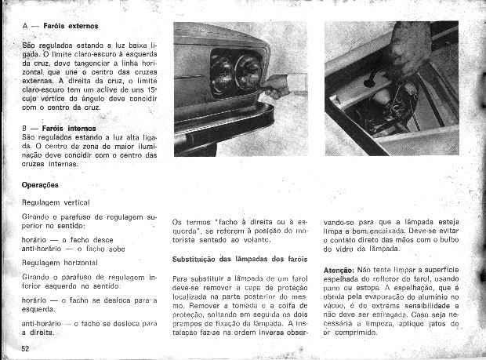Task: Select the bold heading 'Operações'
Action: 41,185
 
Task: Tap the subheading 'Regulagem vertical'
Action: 56,202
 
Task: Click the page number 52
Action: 26,347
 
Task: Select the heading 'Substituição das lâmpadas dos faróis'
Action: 239,259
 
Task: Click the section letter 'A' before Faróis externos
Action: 26,27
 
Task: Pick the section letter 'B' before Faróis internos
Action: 26,127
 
